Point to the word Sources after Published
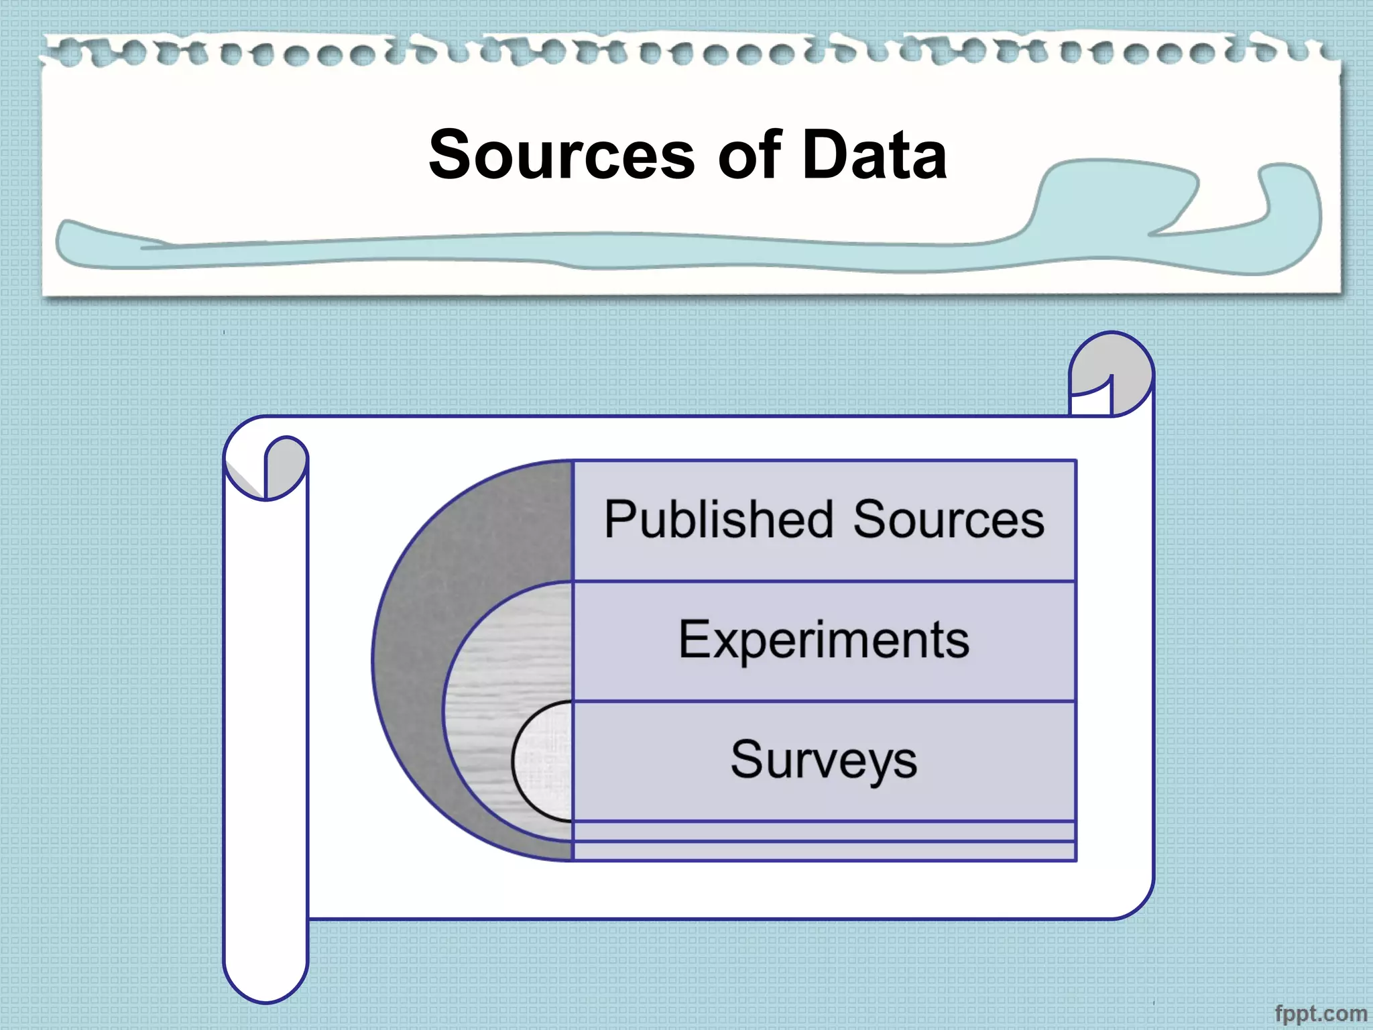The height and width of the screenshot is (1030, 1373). (949, 520)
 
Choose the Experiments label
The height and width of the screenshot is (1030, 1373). (824, 640)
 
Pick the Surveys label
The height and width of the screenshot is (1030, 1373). (824, 760)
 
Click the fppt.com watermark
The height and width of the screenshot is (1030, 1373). (1320, 1013)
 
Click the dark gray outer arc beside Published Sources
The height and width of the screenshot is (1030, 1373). (469, 536)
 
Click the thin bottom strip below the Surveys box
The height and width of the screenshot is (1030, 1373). (824, 850)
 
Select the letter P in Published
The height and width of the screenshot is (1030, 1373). (618, 520)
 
